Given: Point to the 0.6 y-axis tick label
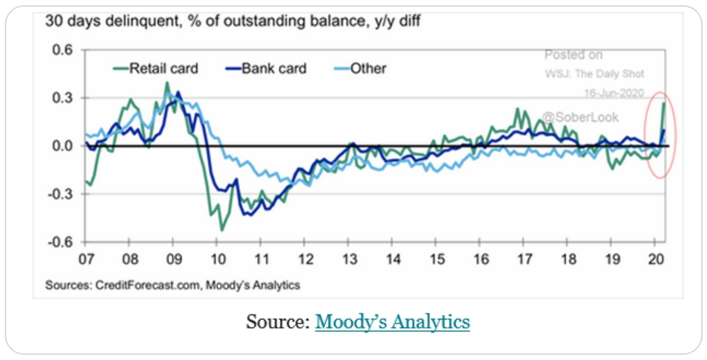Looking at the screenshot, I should (x=62, y=50).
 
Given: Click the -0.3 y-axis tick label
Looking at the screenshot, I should (x=60, y=194).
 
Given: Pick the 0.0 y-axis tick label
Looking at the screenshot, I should (x=62, y=146).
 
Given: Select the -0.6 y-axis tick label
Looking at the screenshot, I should (x=60, y=242).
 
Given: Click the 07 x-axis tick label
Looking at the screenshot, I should (x=86, y=259).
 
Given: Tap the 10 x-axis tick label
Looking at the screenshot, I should (x=218, y=259).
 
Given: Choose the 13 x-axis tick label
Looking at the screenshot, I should (x=350, y=259).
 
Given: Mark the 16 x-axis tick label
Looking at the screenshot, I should (x=481, y=259).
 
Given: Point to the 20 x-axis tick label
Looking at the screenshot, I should (x=656, y=259).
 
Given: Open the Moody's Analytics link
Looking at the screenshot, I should (x=392, y=321).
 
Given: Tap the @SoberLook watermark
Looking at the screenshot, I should (x=580, y=118).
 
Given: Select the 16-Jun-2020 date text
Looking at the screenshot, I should (x=614, y=93).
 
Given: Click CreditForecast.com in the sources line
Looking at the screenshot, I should (x=148, y=285).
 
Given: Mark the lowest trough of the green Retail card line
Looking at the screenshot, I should (x=222, y=230).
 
